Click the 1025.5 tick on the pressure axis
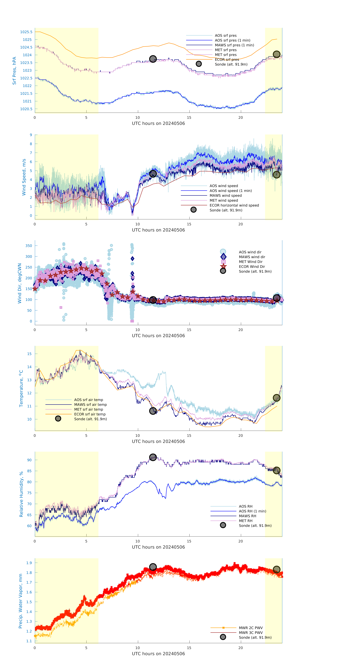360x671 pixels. tap(26, 32)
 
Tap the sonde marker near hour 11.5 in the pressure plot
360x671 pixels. tap(153, 59)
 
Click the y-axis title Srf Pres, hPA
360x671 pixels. tap(14, 71)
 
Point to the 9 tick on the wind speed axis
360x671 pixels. tap(31, 135)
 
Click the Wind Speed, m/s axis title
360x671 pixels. tap(24, 177)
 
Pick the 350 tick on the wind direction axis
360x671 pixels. tap(29, 246)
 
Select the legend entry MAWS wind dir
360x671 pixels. tap(252, 257)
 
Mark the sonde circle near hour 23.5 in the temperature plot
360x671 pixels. tap(276, 398)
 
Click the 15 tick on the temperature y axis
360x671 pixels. tap(29, 354)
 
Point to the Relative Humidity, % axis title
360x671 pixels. tap(21, 494)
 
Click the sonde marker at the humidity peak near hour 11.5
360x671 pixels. tap(153, 457)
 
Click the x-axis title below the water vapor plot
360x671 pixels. tap(158, 654)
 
